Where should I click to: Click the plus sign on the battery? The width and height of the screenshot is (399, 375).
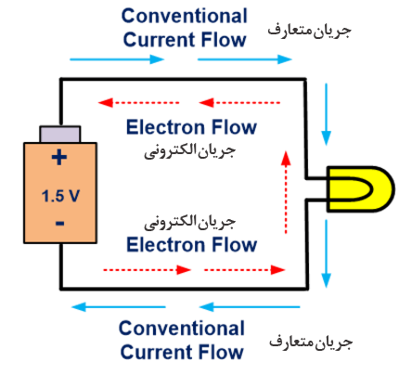[x=59, y=157]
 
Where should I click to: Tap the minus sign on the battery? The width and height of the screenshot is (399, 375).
[x=60, y=223]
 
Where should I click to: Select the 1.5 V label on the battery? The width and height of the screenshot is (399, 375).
[x=60, y=196]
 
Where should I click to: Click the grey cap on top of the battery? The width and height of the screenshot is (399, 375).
[x=60, y=134]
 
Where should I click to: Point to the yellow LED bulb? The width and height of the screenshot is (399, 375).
[x=360, y=188]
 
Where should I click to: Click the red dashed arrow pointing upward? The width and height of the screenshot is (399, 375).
[x=286, y=192]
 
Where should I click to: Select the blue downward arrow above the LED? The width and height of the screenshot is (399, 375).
[x=326, y=114]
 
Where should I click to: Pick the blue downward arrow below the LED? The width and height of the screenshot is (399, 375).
[x=326, y=253]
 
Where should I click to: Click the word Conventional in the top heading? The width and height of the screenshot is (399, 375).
[x=185, y=16]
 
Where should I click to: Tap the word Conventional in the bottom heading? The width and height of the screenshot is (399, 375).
[x=182, y=328]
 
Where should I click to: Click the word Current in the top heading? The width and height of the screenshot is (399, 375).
[x=160, y=40]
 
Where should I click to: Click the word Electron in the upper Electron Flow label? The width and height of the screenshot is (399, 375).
[x=167, y=127]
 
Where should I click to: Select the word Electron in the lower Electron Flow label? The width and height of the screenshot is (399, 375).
[x=167, y=244]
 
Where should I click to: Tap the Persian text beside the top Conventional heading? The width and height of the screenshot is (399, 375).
[x=309, y=31]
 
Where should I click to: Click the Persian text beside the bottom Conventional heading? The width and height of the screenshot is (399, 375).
[x=311, y=342]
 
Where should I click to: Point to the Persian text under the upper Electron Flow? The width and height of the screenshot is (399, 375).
[x=190, y=151]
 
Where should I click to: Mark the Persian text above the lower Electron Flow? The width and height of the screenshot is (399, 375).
[x=190, y=222]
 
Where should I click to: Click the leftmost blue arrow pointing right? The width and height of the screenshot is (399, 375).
[x=117, y=59]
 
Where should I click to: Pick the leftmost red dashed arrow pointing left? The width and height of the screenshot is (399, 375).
[x=138, y=102]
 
